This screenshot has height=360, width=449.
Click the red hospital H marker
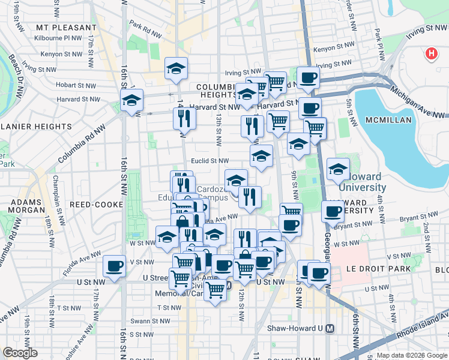[430, 55]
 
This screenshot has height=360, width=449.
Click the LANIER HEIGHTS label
[36, 127]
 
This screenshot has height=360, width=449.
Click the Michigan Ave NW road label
[418, 101]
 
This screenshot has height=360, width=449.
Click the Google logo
[20, 353]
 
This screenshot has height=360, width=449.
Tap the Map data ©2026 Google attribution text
[412, 355]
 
